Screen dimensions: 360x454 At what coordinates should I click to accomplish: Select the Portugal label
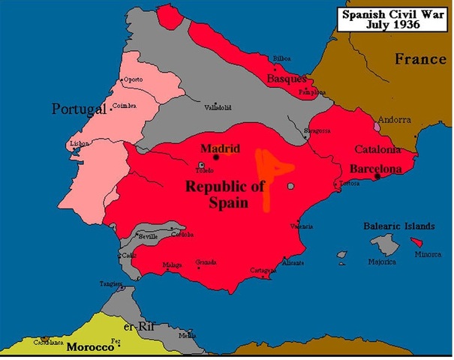[x=79, y=109]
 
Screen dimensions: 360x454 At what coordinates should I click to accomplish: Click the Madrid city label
[x=219, y=148]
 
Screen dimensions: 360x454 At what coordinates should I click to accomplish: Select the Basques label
[x=287, y=78]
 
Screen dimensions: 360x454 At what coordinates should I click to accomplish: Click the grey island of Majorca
[x=387, y=244]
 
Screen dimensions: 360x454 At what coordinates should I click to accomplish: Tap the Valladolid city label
[x=218, y=107]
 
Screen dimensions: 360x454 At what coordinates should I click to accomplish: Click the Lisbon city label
[x=79, y=142]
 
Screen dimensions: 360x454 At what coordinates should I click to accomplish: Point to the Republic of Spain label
[x=226, y=193]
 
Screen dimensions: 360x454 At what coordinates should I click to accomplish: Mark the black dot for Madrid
[x=216, y=157]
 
